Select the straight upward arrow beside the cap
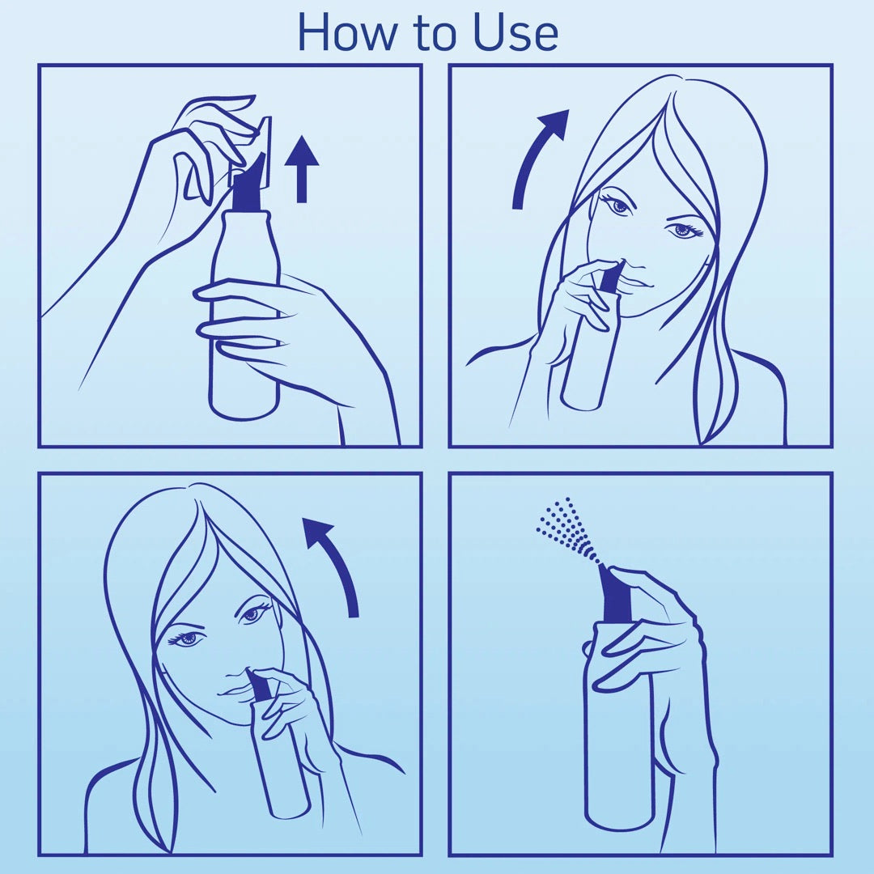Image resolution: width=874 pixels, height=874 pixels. pos(302,168)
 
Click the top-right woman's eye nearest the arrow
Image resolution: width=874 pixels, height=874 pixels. pos(619,206)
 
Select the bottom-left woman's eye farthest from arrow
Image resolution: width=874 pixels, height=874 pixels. pos(188,639)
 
